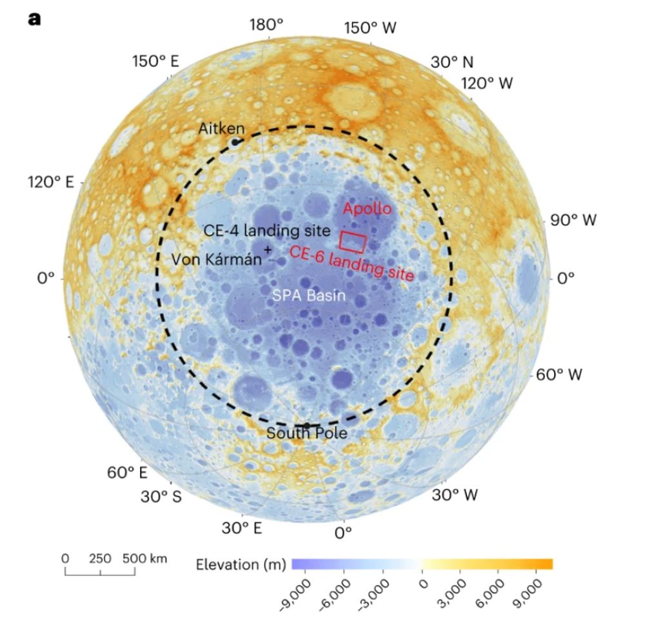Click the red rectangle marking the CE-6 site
[353, 242]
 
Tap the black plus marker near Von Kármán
[268, 248]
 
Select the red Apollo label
[367, 209]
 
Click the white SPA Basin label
[308, 296]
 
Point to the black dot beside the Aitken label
[236, 141]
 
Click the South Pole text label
[306, 433]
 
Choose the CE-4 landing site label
[266, 230]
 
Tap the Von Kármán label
[217, 259]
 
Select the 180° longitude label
[266, 25]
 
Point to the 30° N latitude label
[452, 62]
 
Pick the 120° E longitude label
[51, 182]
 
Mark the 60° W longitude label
[558, 374]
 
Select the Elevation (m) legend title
[240, 566]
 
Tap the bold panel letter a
[34, 18]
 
